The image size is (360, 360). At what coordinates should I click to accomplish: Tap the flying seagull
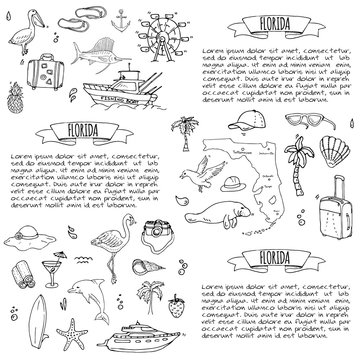coord(196,206)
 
